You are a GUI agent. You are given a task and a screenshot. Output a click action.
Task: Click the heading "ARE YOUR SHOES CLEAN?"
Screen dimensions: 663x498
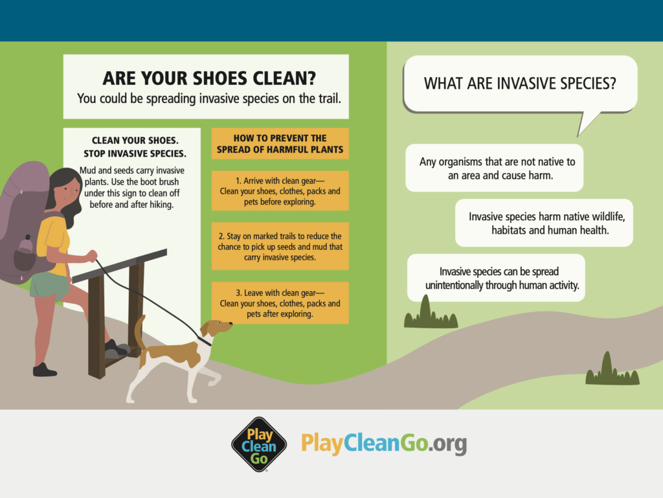pyautogui.click(x=209, y=78)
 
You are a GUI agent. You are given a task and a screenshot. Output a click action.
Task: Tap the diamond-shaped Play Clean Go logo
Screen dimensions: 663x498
pyautogui.click(x=259, y=444)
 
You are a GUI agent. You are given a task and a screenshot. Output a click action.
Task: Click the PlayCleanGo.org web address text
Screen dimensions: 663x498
pyautogui.click(x=384, y=444)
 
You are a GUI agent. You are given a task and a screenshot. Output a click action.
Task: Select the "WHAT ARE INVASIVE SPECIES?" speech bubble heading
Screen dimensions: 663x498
pyautogui.click(x=520, y=84)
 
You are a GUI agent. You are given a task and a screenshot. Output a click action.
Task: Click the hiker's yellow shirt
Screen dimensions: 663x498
pyautogui.click(x=54, y=243)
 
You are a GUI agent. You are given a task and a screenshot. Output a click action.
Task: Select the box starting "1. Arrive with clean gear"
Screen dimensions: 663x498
pyautogui.click(x=280, y=190)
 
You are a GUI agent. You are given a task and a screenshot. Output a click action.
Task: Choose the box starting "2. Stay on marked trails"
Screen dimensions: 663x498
pyautogui.click(x=280, y=247)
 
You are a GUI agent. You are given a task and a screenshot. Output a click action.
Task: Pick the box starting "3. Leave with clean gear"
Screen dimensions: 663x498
pyautogui.click(x=280, y=303)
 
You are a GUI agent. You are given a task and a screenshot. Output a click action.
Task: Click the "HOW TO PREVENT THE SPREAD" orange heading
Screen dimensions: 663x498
pyautogui.click(x=280, y=144)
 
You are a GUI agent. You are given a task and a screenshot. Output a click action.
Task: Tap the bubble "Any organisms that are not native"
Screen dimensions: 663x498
pyautogui.click(x=494, y=168)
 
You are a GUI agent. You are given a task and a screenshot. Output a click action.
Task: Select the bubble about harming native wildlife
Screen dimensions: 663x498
pyautogui.click(x=544, y=223)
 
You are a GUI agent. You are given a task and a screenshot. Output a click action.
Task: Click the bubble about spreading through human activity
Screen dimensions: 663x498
pyautogui.click(x=496, y=278)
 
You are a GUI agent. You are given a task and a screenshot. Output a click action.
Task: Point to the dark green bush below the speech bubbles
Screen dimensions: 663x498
pyautogui.click(x=431, y=313)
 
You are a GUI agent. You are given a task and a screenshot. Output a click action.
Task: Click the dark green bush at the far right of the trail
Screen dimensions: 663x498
pyautogui.click(x=612, y=370)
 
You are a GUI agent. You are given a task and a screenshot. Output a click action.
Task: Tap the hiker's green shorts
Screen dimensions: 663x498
pyautogui.click(x=49, y=286)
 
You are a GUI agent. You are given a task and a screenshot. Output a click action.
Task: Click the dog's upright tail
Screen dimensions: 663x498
pyautogui.click(x=140, y=334)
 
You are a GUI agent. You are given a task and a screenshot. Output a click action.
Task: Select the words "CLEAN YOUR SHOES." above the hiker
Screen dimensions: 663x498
pyautogui.click(x=135, y=141)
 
